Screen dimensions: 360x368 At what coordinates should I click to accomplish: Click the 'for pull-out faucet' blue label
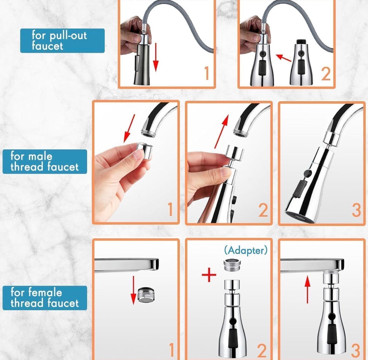62,41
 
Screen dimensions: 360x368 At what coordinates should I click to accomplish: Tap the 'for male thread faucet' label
45,161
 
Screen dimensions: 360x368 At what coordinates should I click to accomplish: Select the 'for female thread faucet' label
45,298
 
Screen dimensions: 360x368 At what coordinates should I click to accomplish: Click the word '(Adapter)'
246,250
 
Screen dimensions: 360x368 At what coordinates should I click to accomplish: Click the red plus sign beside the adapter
209,275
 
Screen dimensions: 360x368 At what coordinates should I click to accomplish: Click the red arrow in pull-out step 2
284,58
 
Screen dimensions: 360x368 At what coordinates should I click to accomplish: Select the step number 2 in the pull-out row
326,73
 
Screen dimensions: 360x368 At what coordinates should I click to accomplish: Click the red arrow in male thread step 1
130,128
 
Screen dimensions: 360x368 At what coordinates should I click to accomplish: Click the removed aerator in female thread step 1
146,295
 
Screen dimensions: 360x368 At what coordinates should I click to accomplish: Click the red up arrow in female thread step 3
308,289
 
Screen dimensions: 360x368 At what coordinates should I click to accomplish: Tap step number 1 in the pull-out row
206,73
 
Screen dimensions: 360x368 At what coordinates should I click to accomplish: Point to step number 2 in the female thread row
262,350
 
